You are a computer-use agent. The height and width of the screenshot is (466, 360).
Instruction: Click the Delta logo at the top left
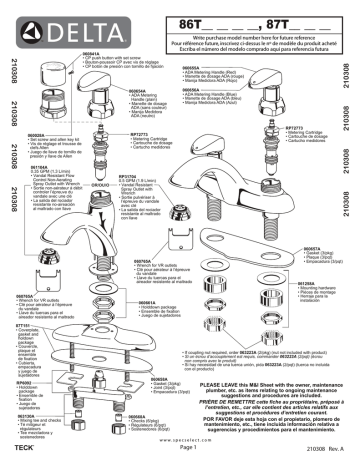tap(59, 17)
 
